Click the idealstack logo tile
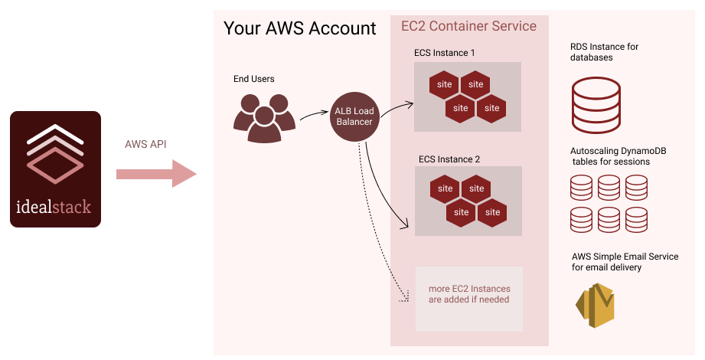[55, 169]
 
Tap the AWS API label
[145, 145]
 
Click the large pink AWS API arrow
[156, 174]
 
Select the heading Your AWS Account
[299, 29]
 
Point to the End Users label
[254, 79]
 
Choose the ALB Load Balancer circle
[354, 116]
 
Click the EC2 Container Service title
[468, 26]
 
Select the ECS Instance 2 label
[449, 159]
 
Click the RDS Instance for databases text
[604, 52]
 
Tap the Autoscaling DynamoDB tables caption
[618, 156]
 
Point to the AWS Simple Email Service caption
[625, 262]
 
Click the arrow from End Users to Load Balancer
[314, 115]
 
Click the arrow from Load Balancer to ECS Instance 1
[395, 111]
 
